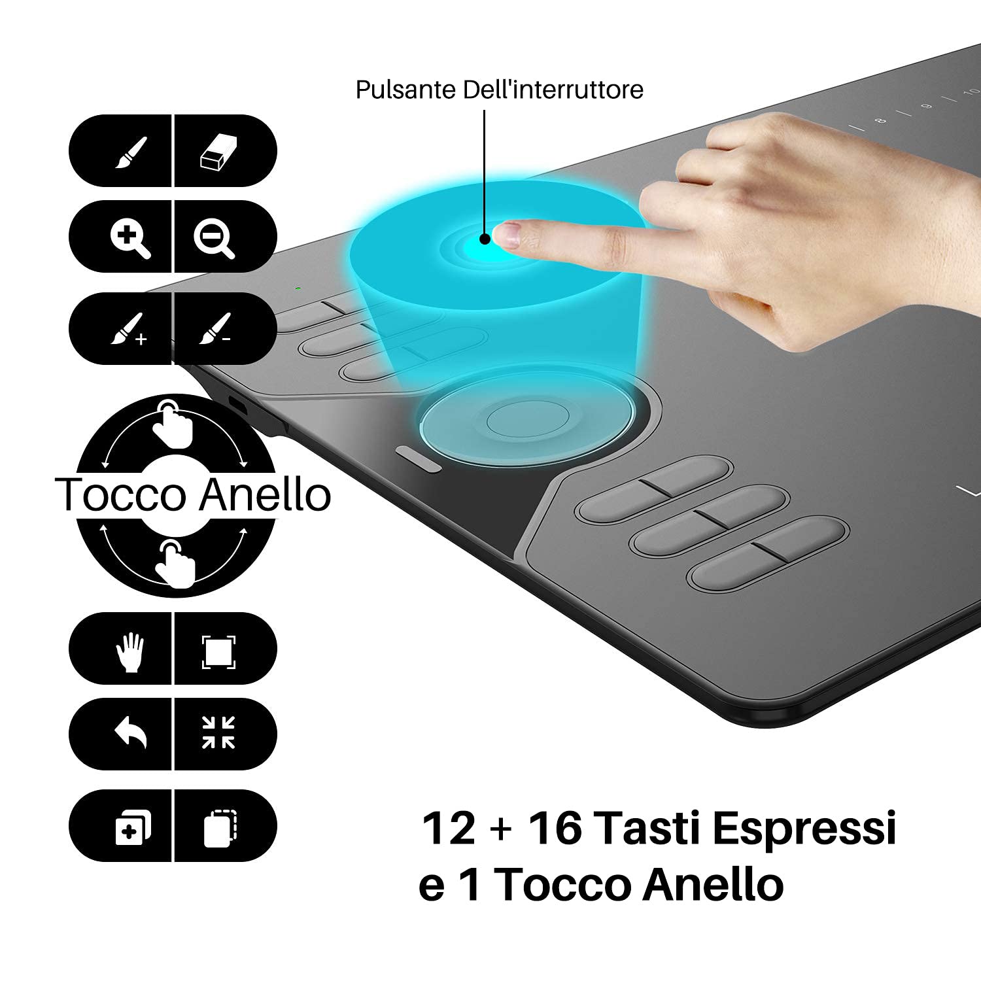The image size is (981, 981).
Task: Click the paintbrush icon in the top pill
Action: pos(131,152)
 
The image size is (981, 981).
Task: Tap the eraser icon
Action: pos(218,152)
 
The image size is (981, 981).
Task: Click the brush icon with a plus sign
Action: pos(128,329)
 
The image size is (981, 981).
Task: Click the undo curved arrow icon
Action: pos(131,732)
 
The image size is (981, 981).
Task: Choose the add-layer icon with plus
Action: pos(133,827)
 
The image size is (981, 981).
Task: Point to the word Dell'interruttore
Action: pos(553,90)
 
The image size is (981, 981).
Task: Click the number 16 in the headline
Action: pos(555,827)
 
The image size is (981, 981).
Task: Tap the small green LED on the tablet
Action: pos(298,288)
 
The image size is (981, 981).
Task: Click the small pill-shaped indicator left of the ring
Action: pos(417,458)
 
